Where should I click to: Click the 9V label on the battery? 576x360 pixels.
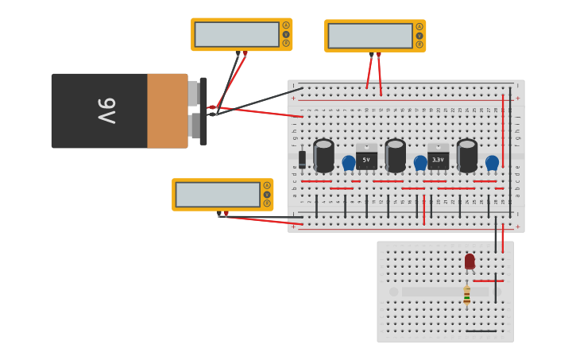tap(106, 110)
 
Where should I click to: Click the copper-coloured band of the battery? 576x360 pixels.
tap(167, 110)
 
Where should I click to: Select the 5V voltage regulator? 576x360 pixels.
tap(366, 158)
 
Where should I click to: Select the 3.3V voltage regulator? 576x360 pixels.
tap(438, 158)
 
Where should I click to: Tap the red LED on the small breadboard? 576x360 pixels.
tap(470, 261)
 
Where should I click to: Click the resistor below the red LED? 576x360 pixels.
tap(466, 295)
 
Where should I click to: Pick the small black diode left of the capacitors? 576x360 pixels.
tap(302, 160)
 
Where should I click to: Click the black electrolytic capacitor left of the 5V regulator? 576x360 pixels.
tap(323, 155)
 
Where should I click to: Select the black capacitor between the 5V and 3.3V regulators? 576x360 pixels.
tap(395, 155)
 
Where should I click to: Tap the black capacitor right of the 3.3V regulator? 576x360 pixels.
tap(466, 155)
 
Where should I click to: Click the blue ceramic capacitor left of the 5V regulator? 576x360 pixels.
tap(348, 163)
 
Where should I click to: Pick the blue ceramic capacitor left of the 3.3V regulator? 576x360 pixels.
tap(420, 163)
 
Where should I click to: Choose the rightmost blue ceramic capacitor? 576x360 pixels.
tap(492, 163)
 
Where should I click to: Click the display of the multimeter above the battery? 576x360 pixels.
tap(237, 34)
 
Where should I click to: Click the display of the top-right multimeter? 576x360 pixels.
tap(370, 36)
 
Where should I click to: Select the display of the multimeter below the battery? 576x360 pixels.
tap(218, 195)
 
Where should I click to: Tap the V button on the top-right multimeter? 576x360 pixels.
tap(419, 35)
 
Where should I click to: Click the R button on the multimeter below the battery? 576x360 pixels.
tap(267, 203)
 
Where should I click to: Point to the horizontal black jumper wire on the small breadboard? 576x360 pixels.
tap(481, 331)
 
